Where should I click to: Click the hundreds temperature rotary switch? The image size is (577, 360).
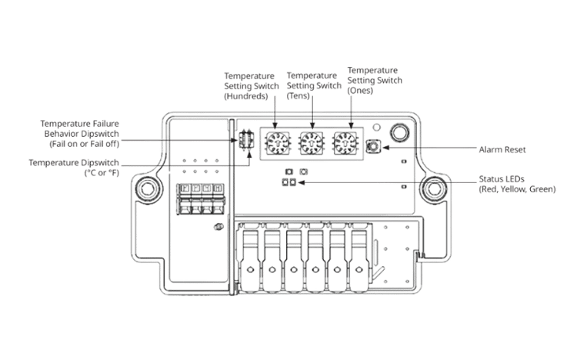(x=278, y=143)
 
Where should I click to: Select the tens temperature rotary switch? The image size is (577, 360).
(x=312, y=143)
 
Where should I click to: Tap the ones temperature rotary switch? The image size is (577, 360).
(x=345, y=143)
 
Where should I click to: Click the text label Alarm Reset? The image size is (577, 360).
(x=502, y=149)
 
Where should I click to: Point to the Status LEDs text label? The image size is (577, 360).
(x=501, y=179)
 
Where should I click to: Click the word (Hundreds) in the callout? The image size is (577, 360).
(x=246, y=96)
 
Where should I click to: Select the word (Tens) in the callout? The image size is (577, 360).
(x=298, y=95)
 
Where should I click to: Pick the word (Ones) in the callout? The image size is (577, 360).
(x=360, y=91)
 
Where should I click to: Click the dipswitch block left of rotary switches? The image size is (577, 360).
(x=246, y=139)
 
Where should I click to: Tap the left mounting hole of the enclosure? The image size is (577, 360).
(x=148, y=189)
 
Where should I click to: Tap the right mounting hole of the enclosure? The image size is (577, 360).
(x=434, y=189)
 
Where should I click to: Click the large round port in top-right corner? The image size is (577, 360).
(x=399, y=132)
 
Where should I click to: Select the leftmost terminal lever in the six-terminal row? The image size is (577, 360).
(x=250, y=257)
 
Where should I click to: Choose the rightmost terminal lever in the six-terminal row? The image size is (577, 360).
(x=359, y=257)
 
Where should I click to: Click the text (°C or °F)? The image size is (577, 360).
(x=102, y=172)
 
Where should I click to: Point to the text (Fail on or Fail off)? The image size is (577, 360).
(x=85, y=144)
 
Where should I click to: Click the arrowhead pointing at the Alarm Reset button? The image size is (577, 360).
(x=385, y=148)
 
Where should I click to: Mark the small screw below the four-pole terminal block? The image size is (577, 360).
(x=218, y=227)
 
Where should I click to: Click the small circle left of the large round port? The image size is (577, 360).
(x=376, y=128)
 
